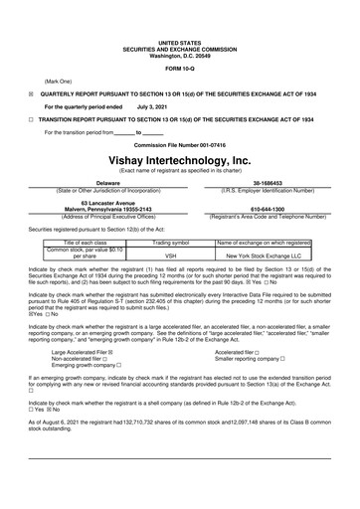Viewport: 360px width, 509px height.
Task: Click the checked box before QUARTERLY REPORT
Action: pyautogui.click(x=31, y=90)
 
